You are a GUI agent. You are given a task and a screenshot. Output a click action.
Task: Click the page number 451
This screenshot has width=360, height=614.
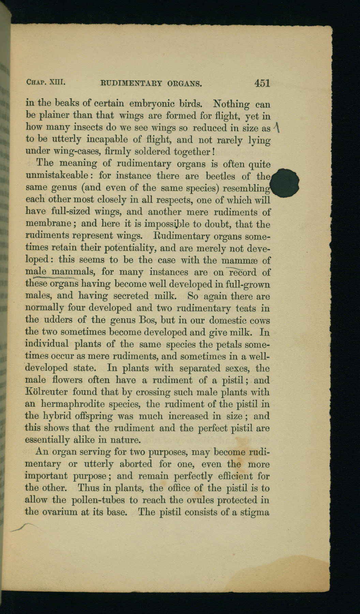click(262, 83)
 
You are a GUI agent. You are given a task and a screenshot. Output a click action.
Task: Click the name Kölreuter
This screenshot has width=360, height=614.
click(46, 392)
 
